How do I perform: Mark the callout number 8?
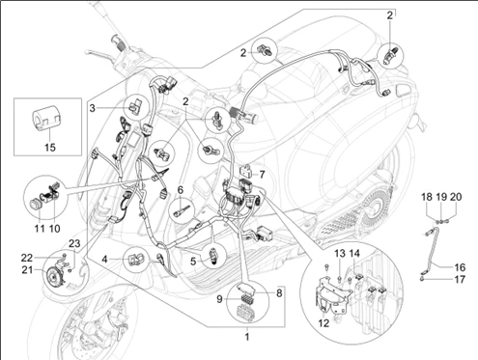pos(280,291)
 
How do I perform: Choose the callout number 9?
pos(218,297)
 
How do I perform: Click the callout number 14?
pos(356,253)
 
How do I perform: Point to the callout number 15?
pos(41,148)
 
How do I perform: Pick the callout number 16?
pos(460,266)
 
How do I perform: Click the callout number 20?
pos(457,197)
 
